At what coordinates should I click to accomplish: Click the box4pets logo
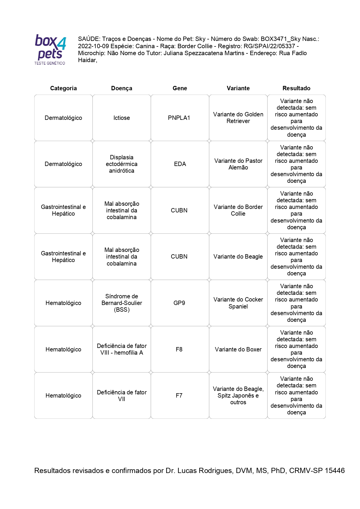50,49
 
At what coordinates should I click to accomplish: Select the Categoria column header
63,88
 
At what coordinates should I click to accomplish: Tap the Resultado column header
296,88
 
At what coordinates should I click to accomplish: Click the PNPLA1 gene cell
179,118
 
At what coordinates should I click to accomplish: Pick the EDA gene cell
180,164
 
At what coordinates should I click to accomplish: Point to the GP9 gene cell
179,303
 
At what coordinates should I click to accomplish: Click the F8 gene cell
179,349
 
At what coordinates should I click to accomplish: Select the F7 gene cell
179,396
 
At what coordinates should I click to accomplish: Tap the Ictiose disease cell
122,118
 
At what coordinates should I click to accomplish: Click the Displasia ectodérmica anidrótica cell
122,164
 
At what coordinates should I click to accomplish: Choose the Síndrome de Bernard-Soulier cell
122,303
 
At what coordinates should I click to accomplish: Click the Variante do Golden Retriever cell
238,118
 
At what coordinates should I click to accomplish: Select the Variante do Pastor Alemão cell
238,164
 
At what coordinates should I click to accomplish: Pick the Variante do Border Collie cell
238,210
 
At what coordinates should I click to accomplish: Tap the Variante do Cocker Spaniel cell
238,303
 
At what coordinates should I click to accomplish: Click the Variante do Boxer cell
238,349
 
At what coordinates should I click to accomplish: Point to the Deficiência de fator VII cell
122,396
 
